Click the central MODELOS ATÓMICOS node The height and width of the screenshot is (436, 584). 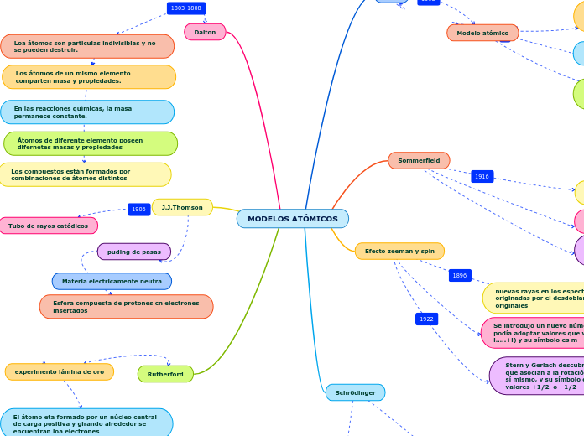[292, 219]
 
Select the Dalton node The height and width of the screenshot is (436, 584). [205, 32]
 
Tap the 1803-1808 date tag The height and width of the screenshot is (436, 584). [186, 8]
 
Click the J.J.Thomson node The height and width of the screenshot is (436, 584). [182, 207]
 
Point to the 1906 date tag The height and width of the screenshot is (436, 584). [138, 210]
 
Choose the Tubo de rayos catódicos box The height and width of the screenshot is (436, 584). [48, 226]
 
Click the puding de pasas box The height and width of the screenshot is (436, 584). [134, 252]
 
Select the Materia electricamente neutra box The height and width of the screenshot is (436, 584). [112, 282]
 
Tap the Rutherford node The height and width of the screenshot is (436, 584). [165, 374]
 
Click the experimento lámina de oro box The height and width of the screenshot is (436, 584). [60, 371]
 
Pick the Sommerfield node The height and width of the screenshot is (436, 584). [419, 160]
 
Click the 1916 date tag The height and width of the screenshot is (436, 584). [482, 177]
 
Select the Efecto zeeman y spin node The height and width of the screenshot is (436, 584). [399, 251]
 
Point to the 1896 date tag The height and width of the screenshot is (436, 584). [460, 275]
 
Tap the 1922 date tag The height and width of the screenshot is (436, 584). [426, 319]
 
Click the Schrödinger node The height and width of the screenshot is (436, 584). [355, 392]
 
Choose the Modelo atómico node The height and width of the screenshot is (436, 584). [482, 33]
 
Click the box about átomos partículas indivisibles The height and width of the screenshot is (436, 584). [87, 46]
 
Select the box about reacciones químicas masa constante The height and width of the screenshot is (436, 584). [87, 112]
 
